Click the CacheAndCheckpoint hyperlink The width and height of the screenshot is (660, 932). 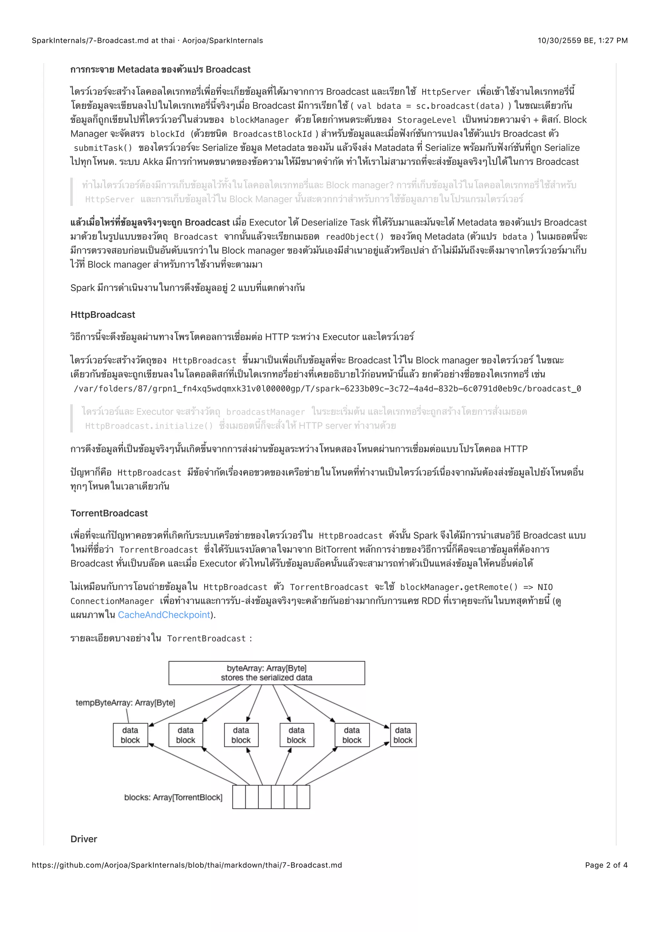coord(164,615)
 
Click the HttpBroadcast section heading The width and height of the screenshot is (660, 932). coord(102,315)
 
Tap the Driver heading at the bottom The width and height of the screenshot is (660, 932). coord(84,839)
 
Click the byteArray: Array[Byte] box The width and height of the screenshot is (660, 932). coord(267,673)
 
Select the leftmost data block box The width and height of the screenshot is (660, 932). coord(130,735)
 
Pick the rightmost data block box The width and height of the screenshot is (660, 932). coord(403,735)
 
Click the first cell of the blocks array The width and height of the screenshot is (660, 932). coord(239,797)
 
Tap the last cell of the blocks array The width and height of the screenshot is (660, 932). coord(303,797)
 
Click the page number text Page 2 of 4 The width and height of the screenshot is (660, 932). coord(606,865)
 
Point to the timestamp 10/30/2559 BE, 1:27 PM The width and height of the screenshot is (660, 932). coord(582,41)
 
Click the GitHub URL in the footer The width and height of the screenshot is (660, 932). coord(187,865)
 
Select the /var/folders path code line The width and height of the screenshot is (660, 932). coord(327,389)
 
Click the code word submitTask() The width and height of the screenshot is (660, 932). coord(103,148)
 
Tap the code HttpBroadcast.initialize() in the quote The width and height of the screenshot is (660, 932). coord(149,426)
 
